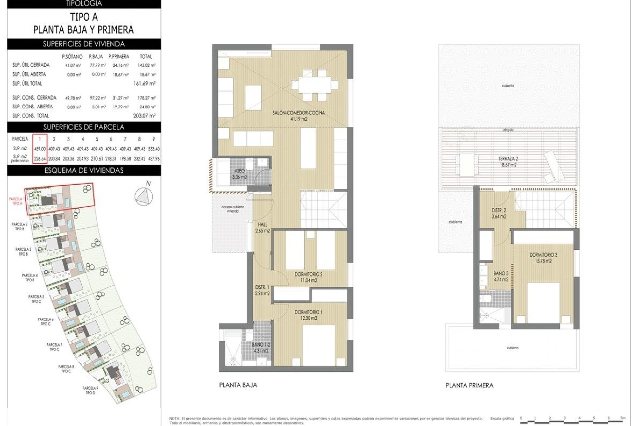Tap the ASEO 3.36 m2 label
point(239,174)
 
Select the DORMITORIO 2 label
point(308,277)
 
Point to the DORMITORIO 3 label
point(543,258)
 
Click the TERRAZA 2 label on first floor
point(508,162)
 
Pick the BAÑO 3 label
point(501,276)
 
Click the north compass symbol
point(144,196)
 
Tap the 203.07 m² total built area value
point(144,116)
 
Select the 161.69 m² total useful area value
point(144,83)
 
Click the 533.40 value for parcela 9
point(153,149)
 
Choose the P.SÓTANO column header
point(72,57)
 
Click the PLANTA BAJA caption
point(238,385)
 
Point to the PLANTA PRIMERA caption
point(469,385)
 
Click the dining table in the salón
point(315,85)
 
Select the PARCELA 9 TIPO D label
point(90,390)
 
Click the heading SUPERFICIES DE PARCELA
point(84,127)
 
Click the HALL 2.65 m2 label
point(262,228)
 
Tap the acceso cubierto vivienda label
point(233,209)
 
